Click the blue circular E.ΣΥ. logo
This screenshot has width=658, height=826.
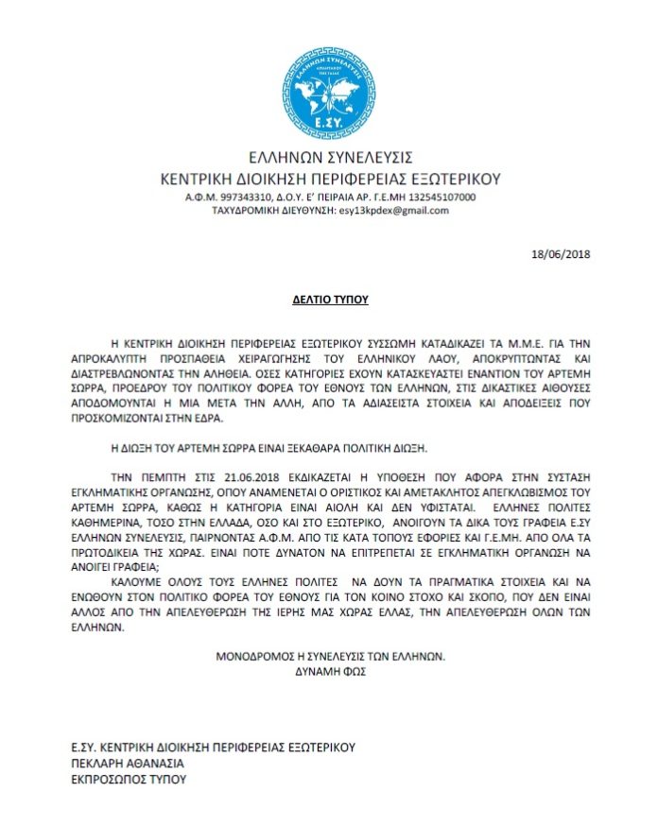pyautogui.click(x=329, y=92)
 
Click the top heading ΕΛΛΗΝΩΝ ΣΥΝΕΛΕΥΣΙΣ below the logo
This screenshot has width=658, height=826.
pyautogui.click(x=329, y=157)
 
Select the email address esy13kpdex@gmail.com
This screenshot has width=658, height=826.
pyautogui.click(x=393, y=210)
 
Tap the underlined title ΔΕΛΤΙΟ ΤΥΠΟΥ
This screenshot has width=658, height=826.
pyautogui.click(x=329, y=301)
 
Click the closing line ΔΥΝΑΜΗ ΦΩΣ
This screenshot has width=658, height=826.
pyautogui.click(x=330, y=670)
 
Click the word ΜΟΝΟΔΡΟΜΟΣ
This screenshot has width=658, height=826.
pyautogui.click(x=255, y=655)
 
